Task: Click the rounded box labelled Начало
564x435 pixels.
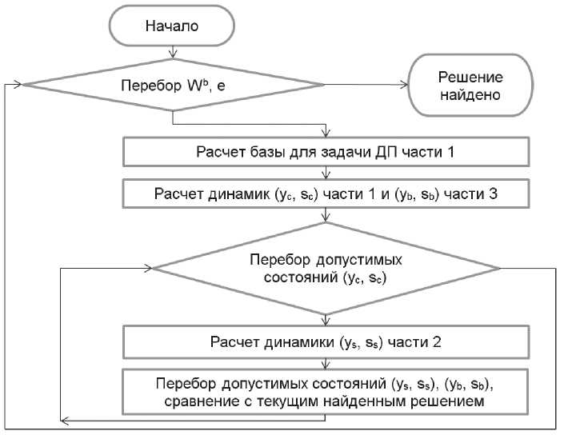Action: click(171, 26)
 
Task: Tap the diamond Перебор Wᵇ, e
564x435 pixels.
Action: click(172, 85)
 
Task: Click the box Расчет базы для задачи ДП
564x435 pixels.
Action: click(326, 151)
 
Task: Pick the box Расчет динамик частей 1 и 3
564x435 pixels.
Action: click(326, 193)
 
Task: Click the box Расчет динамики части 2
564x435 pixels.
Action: click(326, 343)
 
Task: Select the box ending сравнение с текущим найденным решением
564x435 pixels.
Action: click(326, 390)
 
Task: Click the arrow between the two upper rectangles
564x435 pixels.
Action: click(326, 171)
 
